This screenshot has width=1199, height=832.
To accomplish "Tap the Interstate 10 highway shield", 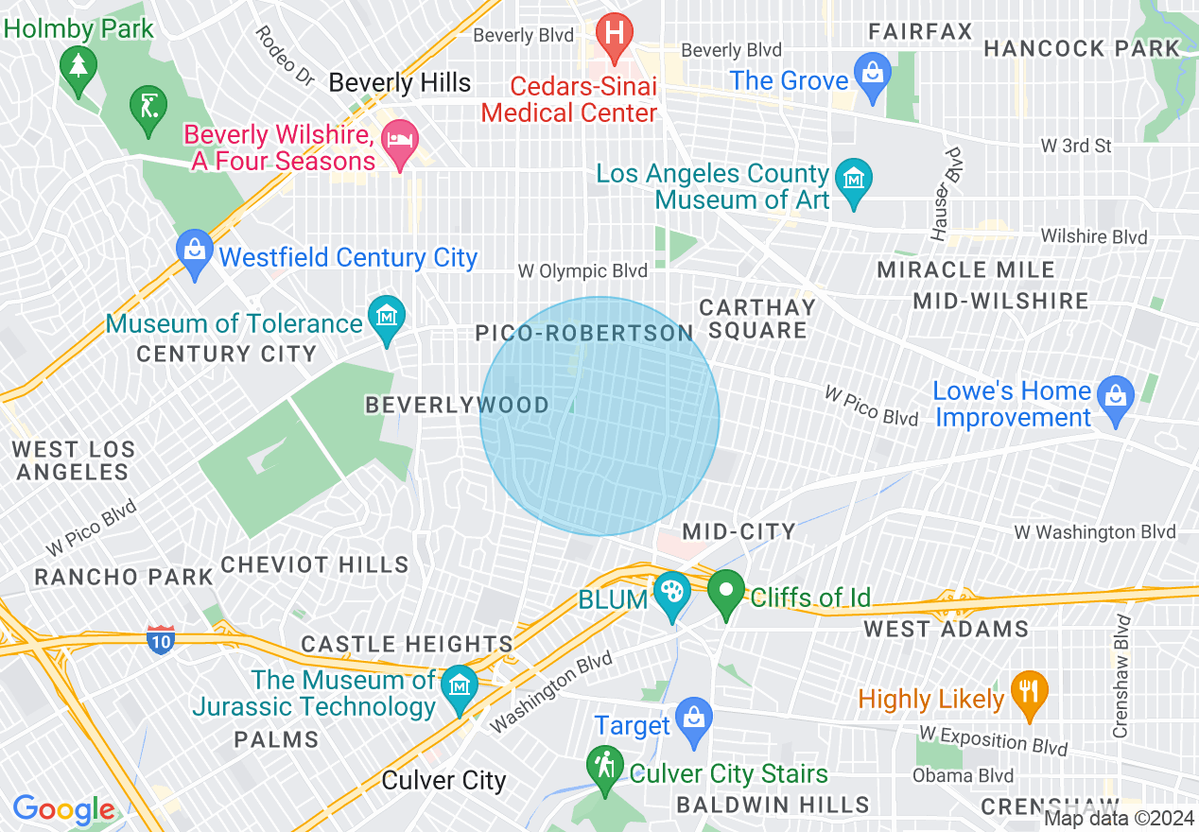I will click(x=160, y=640).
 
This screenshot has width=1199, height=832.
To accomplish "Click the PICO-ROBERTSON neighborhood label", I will click(x=585, y=333).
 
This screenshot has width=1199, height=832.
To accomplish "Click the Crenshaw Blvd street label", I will click(x=1121, y=676).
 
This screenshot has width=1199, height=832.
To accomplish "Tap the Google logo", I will click(x=64, y=809).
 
